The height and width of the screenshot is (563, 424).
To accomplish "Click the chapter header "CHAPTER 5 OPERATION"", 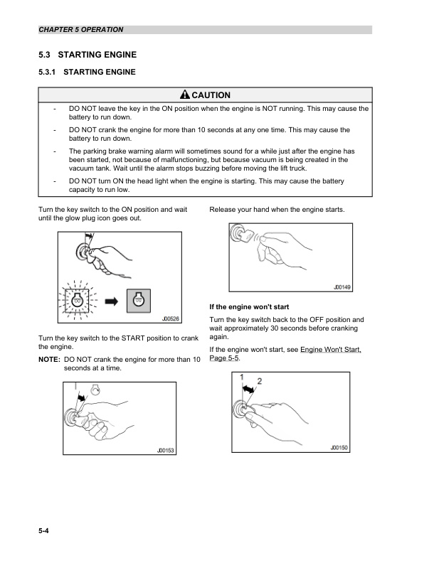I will click(x=81, y=30).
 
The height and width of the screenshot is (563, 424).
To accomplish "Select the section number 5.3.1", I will click(x=51, y=72).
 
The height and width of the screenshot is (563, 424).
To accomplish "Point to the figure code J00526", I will click(x=169, y=319).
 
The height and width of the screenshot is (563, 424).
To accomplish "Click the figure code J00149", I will click(x=344, y=287).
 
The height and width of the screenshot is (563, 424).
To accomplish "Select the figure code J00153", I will click(x=165, y=450).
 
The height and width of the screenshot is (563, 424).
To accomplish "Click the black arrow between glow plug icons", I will click(x=111, y=301).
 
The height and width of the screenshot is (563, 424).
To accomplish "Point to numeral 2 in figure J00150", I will click(x=260, y=382).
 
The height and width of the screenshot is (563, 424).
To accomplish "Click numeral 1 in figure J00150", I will click(x=243, y=377).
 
